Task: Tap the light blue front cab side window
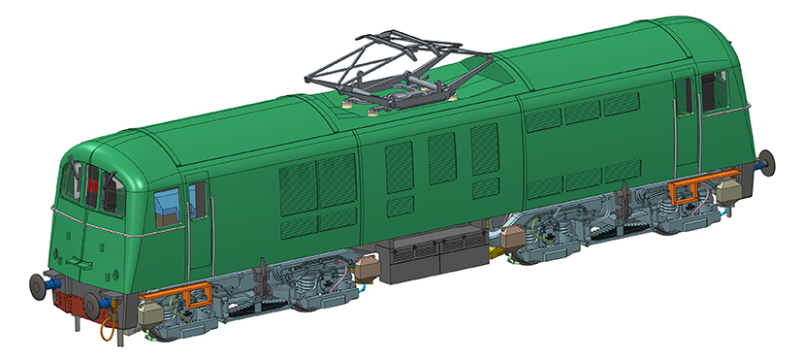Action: (169, 204)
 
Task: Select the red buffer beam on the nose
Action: (71, 295)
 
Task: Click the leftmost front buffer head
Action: (39, 285)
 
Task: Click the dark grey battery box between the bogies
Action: (434, 255)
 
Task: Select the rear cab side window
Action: (716, 89)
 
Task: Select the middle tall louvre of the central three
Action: (442, 157)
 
